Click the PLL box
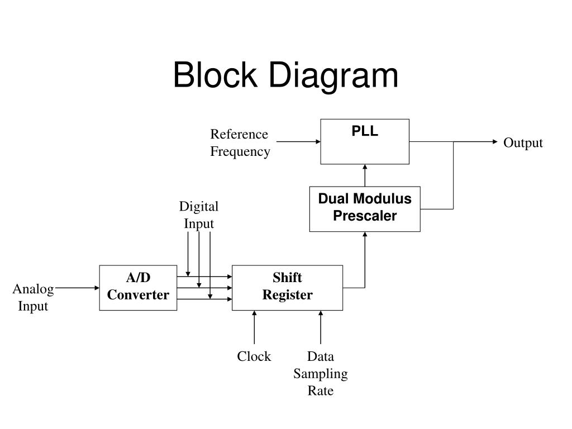(365, 141)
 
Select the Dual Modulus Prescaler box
(365, 209)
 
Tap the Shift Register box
(288, 288)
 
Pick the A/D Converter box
(139, 288)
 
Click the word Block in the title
(215, 75)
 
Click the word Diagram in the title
(333, 77)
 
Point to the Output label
(523, 142)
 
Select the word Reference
(239, 134)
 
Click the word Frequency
(240, 151)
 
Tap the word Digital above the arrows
(199, 207)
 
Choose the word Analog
(33, 289)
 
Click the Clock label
(254, 356)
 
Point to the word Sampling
(320, 374)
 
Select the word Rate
(320, 390)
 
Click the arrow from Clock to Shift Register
(254, 327)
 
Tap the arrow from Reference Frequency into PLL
(298, 141)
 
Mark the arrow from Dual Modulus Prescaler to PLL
(365, 175)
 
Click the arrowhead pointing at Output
(495, 141)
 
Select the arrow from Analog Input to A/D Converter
(77, 288)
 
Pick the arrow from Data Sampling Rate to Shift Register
(321, 327)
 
